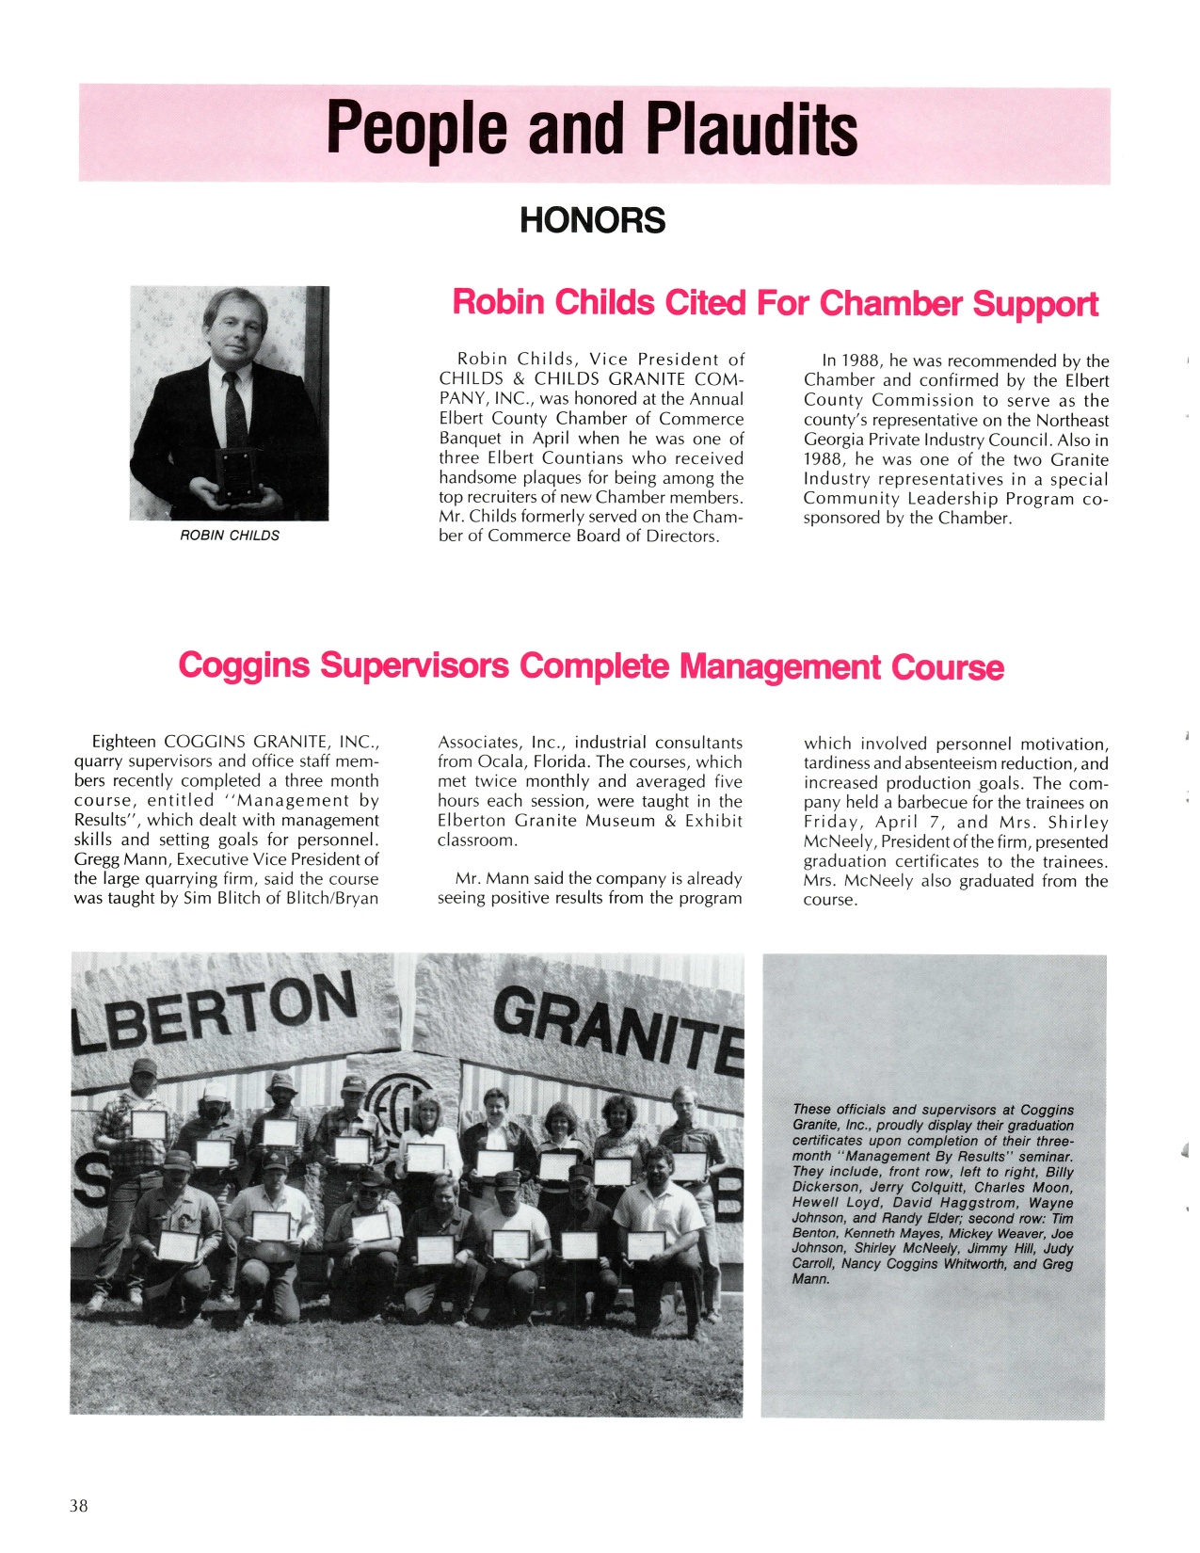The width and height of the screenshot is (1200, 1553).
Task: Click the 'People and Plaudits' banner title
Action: [x=592, y=130]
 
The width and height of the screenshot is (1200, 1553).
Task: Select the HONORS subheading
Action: [x=592, y=221]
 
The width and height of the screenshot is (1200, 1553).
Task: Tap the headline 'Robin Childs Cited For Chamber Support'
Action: [x=775, y=303]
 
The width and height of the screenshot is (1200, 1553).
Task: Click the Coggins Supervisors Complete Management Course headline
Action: [x=591, y=666]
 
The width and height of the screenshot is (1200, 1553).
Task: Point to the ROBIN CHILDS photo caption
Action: [x=230, y=536]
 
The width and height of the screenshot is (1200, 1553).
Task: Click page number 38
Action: [x=79, y=1506]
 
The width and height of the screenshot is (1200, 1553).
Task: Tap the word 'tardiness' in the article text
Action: [x=838, y=763]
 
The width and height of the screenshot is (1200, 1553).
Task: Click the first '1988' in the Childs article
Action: [x=861, y=360]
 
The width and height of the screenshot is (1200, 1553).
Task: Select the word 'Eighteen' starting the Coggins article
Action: [x=123, y=742]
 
